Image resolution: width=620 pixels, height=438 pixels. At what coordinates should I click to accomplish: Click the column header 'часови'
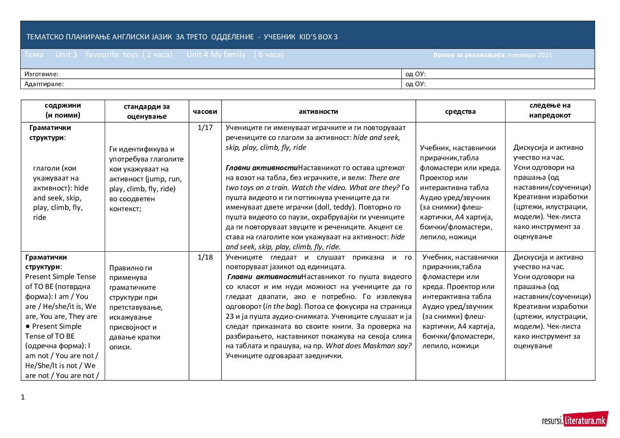[205, 111]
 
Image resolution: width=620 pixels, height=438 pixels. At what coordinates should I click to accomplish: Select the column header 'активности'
[318, 111]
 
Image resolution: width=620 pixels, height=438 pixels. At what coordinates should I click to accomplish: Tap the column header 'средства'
[460, 111]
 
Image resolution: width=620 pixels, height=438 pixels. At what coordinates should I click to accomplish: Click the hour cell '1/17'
[205, 128]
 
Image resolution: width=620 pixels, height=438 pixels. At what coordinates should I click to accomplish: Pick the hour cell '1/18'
[205, 257]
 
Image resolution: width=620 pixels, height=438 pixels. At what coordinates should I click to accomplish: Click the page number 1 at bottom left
[23, 397]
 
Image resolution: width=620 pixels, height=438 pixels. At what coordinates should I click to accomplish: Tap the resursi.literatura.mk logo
[574, 421]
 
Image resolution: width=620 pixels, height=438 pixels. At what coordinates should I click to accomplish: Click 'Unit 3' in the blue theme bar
[66, 55]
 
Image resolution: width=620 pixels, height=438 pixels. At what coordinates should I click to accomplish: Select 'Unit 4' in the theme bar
[197, 55]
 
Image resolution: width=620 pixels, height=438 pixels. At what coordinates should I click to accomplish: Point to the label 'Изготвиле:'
[41, 74]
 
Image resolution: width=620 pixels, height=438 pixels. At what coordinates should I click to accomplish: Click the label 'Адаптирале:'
[44, 84]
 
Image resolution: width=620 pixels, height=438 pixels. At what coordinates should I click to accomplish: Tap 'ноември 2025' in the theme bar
[530, 55]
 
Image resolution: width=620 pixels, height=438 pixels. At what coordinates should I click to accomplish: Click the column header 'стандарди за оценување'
[147, 111]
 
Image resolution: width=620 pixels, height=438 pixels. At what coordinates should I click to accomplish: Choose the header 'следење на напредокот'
[550, 111]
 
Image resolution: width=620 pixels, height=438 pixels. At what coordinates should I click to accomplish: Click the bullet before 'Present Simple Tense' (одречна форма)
[27, 326]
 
